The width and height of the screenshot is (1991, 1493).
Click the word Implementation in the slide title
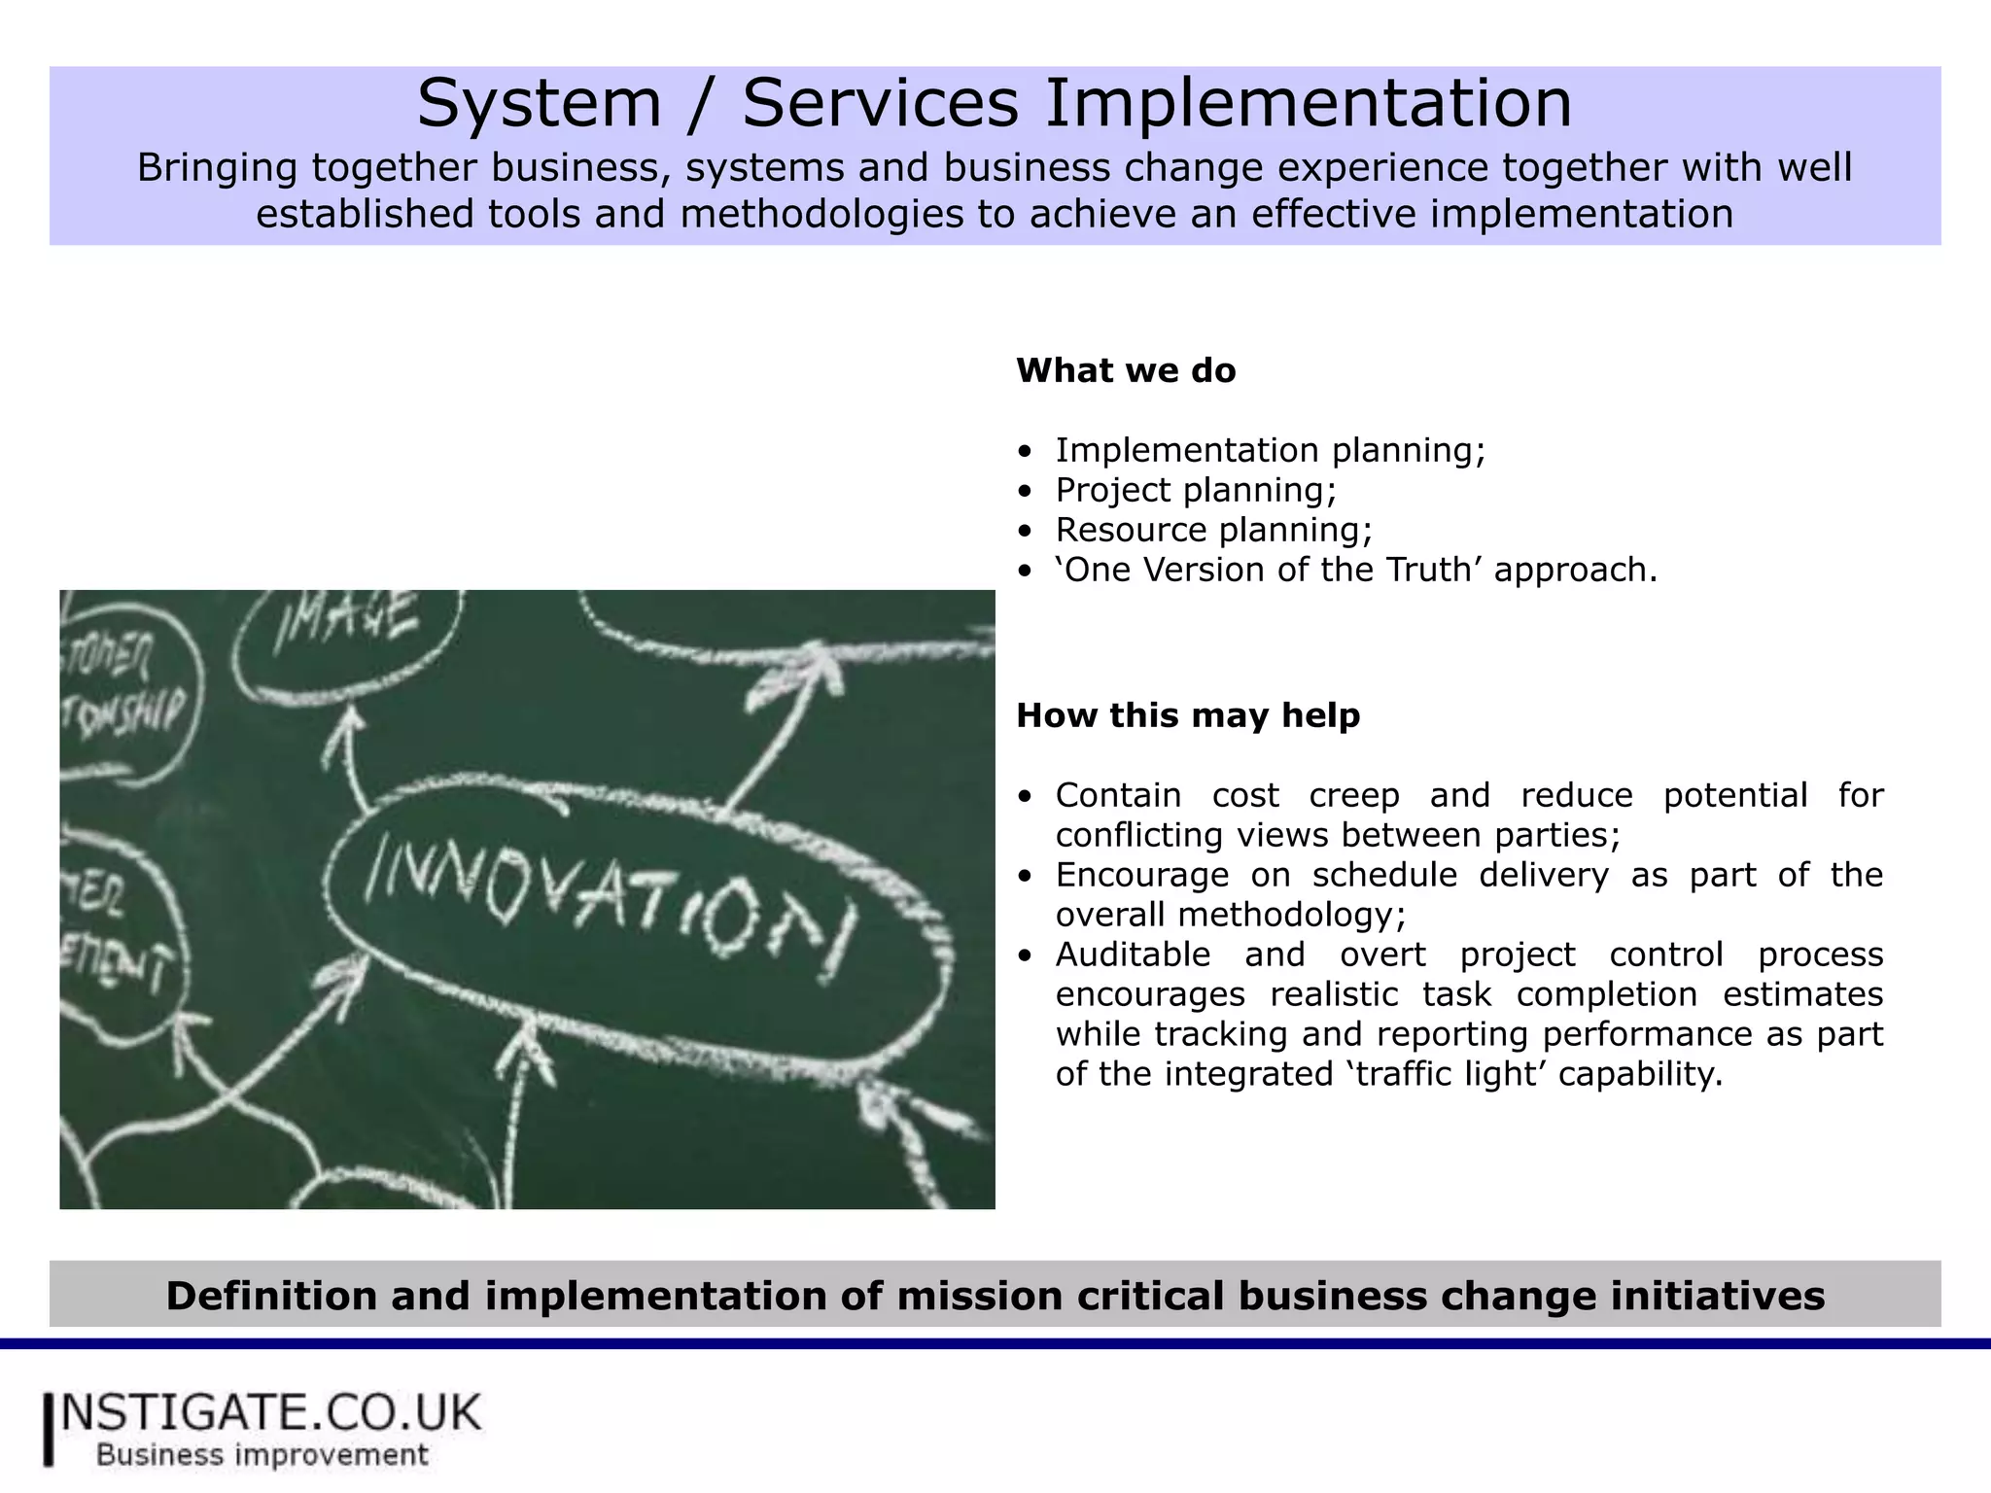[1308, 103]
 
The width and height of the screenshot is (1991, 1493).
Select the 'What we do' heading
[1126, 370]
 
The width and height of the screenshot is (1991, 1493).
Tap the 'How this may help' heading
[1188, 715]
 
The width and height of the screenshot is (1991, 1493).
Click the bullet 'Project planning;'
[1196, 490]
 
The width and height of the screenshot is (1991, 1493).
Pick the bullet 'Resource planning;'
[1213, 530]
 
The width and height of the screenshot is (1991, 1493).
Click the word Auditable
[1133, 955]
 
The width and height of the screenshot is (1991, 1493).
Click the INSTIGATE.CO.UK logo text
[270, 1412]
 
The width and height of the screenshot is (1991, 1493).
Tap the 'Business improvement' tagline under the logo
[262, 1455]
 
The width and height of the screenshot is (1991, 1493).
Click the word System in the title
[539, 103]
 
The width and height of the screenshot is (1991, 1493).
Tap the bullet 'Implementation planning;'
[1270, 450]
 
